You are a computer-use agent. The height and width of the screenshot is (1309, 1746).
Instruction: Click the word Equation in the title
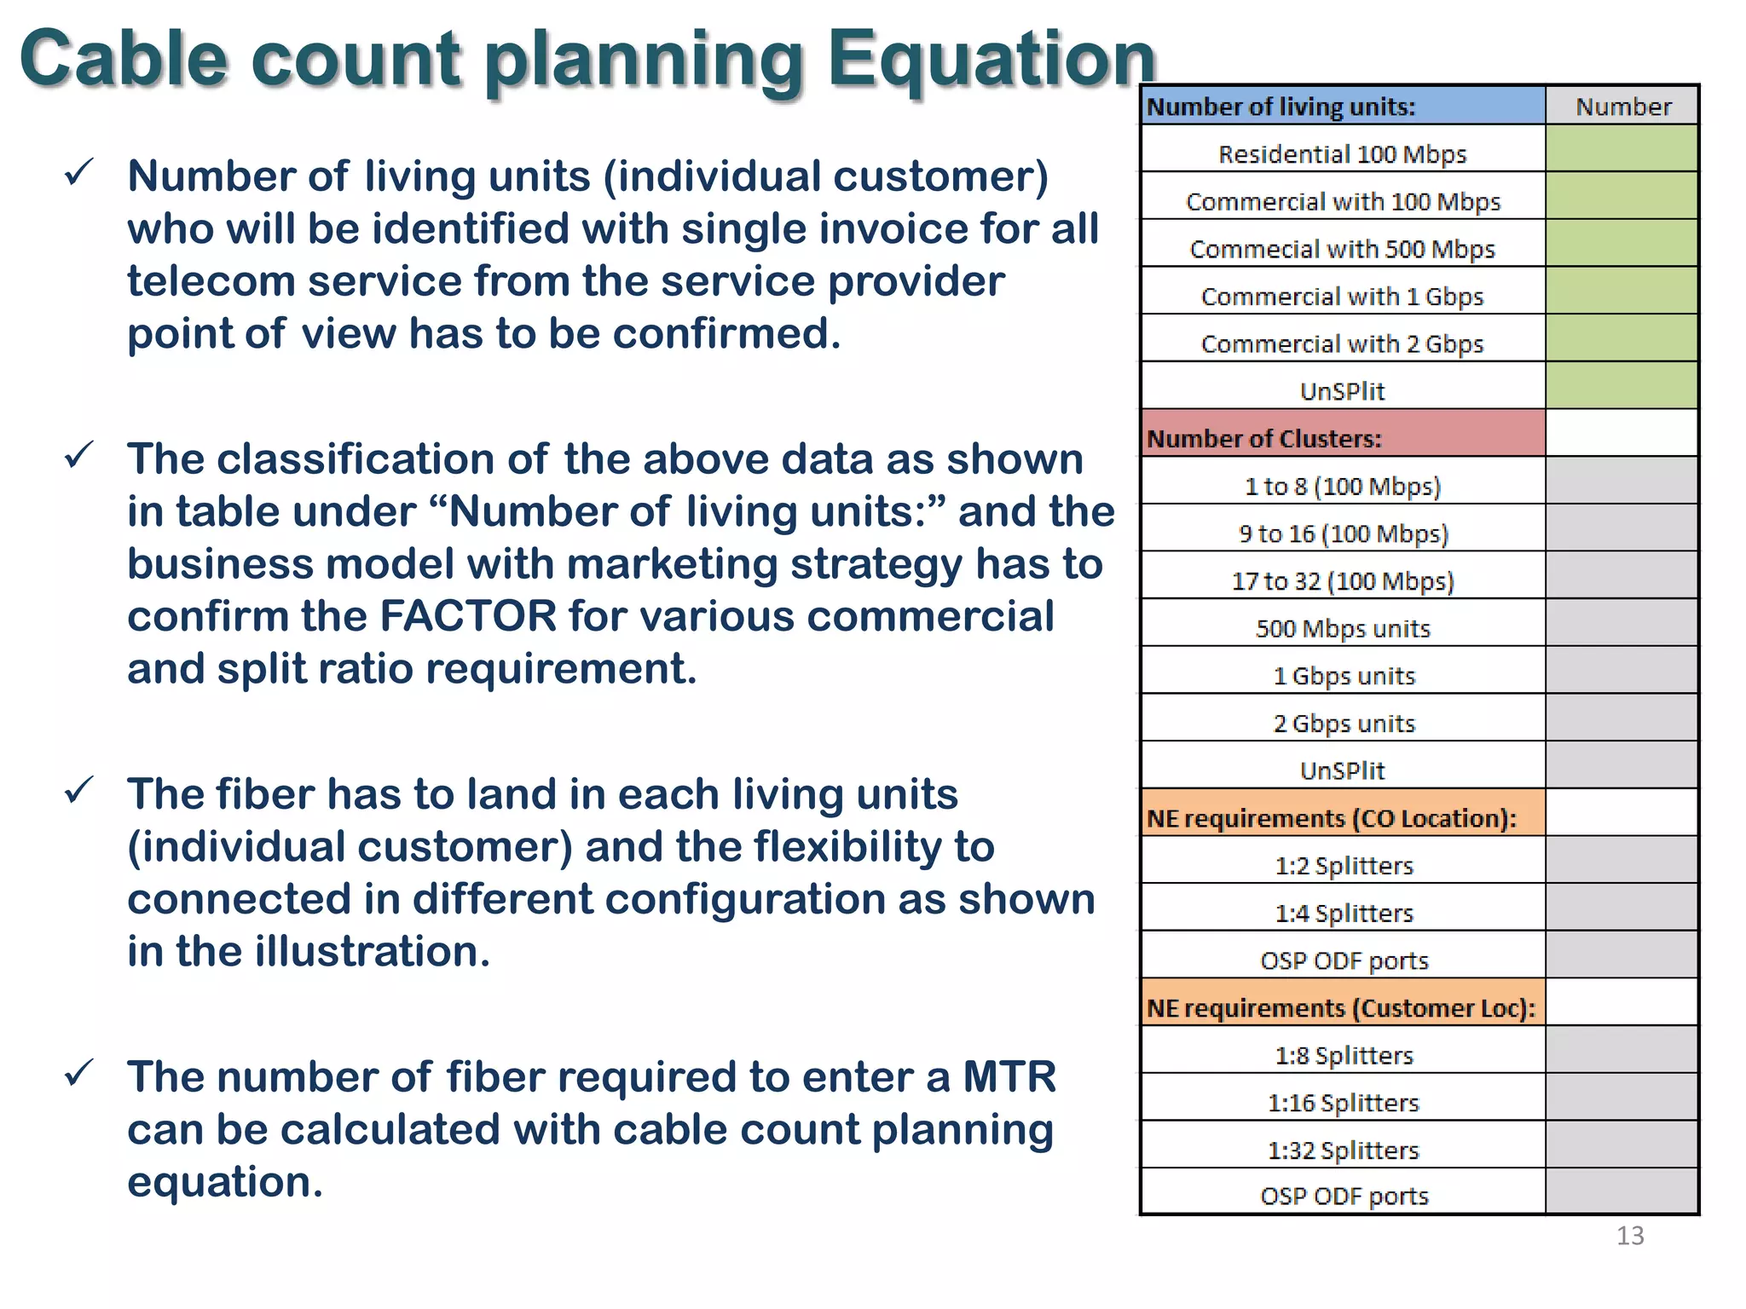991,60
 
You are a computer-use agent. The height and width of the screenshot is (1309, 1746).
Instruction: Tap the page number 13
1629,1236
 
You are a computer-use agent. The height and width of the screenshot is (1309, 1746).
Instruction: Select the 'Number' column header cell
1622,107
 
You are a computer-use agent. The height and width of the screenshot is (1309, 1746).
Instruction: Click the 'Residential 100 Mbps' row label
1342,154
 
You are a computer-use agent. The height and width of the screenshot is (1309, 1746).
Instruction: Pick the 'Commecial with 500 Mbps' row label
1342,249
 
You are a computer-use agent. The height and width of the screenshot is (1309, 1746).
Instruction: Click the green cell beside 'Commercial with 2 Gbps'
1622,338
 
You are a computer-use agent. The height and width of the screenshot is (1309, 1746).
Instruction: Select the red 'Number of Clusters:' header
1342,437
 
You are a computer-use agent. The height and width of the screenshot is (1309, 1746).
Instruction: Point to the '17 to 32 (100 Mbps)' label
1342,581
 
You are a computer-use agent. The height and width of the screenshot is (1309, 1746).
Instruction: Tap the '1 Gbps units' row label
1344,676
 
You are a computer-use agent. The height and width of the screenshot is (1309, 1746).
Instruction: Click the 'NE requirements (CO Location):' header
1342,818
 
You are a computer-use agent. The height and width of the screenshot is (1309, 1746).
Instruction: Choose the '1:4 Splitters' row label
1344,913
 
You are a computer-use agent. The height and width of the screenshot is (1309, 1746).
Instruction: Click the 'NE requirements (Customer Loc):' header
1342,1008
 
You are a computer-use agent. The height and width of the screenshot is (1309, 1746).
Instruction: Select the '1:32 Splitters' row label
1343,1150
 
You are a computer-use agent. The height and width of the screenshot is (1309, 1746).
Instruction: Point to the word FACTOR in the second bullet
468,616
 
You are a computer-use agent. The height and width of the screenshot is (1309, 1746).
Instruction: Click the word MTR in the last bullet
1009,1076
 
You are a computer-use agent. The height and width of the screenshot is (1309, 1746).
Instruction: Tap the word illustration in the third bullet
373,951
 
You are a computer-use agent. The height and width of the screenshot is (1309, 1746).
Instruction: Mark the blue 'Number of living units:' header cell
1342,107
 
